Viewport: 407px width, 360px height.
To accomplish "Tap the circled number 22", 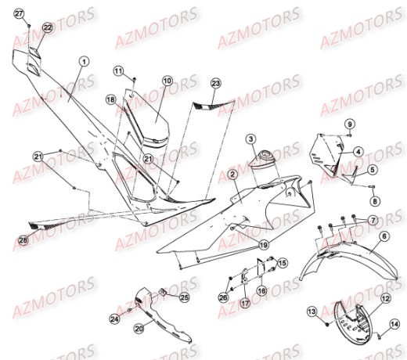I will coord(47,27).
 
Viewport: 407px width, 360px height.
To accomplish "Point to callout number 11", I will coord(118,71).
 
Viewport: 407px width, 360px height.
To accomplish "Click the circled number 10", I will coord(167,81).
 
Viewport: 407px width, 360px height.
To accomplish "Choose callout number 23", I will coord(216,83).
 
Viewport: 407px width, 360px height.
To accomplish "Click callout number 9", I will coord(350,123).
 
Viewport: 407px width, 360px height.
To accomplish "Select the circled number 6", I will coord(384,236).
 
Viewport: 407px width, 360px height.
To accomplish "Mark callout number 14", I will coord(394,323).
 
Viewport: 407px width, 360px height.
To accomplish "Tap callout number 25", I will coord(185,297).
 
